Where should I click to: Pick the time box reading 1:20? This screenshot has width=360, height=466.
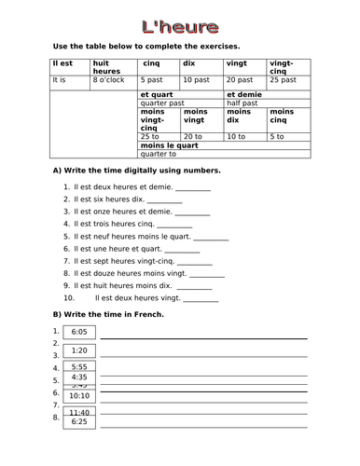(x=78, y=349)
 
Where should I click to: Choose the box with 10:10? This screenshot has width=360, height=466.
(x=78, y=395)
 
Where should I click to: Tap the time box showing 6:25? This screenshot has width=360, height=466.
(x=78, y=421)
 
